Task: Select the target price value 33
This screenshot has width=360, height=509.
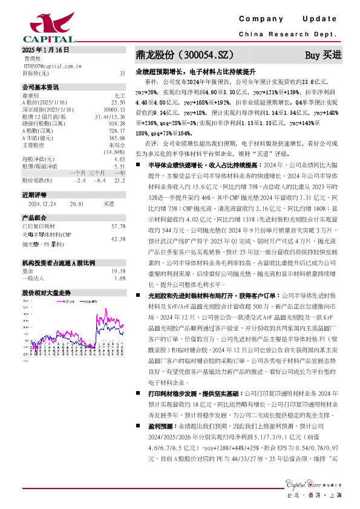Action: click(122, 73)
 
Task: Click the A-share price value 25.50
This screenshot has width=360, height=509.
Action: click(118, 102)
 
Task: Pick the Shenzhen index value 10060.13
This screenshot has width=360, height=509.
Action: click(114, 109)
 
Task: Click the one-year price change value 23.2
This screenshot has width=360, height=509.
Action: click(119, 180)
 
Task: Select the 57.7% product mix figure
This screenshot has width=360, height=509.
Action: click(119, 226)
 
